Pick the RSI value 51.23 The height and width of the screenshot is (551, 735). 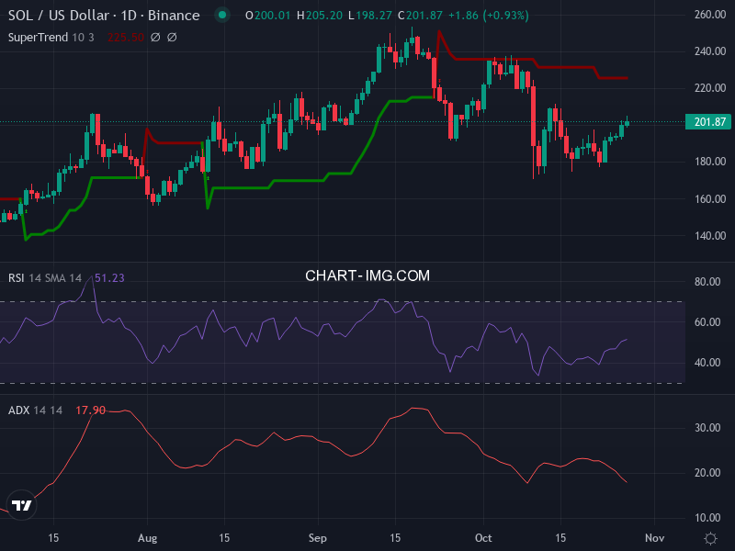pyautogui.click(x=109, y=278)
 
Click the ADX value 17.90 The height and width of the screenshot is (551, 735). pyautogui.click(x=90, y=410)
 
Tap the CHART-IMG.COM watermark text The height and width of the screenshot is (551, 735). pyautogui.click(x=367, y=275)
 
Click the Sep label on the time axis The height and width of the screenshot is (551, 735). pyautogui.click(x=318, y=537)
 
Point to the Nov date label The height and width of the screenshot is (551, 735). pyautogui.click(x=654, y=537)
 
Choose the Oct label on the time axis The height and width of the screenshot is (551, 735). pyautogui.click(x=483, y=537)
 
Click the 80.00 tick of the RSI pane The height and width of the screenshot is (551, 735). pyautogui.click(x=707, y=282)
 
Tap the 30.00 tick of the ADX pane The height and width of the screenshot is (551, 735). pyautogui.click(x=707, y=428)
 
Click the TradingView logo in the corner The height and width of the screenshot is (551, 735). pyautogui.click(x=23, y=505)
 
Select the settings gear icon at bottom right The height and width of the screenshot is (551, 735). pyautogui.click(x=710, y=537)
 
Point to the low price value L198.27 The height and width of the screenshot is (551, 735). pyautogui.click(x=367, y=16)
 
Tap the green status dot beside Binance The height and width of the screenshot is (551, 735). pyautogui.click(x=221, y=16)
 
